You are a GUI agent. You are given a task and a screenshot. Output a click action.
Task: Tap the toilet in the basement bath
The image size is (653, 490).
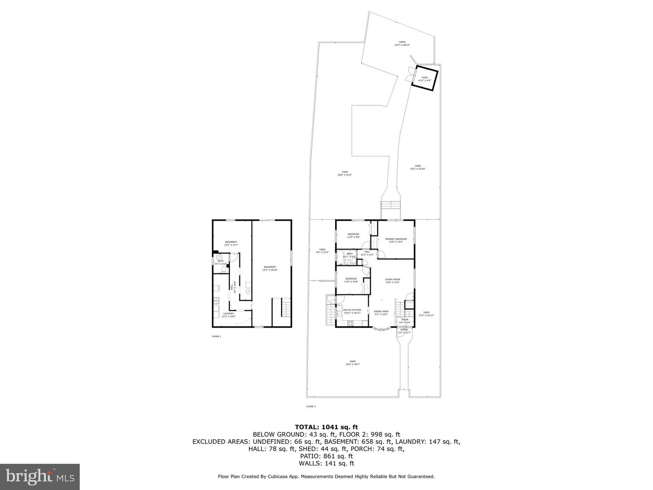[223, 270]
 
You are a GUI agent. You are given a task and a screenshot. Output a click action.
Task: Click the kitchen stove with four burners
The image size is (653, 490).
[350, 323]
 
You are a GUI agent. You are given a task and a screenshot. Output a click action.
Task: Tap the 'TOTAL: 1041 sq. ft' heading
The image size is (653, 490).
[326, 426]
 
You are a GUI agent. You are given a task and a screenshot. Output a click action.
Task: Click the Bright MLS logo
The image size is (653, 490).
[40, 476]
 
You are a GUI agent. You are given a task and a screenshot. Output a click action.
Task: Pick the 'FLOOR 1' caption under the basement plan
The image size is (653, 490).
[216, 337]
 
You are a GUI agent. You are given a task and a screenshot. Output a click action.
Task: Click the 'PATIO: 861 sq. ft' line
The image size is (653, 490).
[326, 456]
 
